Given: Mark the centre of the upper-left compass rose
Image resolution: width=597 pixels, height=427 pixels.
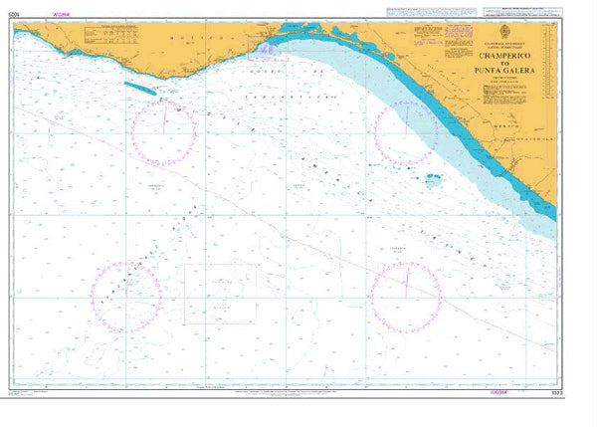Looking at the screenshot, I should pyautogui.click(x=164, y=133).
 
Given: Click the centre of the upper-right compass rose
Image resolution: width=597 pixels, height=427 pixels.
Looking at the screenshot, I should pyautogui.click(x=406, y=133).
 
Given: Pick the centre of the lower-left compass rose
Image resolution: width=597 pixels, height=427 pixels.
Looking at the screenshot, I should pyautogui.click(x=126, y=297).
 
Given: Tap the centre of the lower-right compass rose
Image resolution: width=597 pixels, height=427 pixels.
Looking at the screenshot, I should pyautogui.click(x=406, y=297).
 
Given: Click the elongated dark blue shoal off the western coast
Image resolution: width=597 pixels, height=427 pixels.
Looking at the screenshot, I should pyautogui.click(x=139, y=88).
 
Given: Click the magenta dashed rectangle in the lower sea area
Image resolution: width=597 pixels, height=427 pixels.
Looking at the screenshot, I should pyautogui.click(x=220, y=294).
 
